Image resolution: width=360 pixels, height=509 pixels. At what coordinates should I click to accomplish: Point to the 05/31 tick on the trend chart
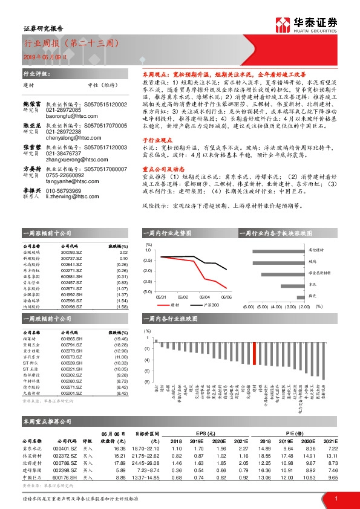click(161, 297)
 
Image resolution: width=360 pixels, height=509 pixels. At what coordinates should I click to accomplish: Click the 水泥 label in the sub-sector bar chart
click(312, 284)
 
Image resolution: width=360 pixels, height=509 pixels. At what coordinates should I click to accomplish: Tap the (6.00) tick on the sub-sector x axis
click(248, 306)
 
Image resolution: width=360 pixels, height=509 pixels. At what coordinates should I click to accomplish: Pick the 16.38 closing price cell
click(118, 449)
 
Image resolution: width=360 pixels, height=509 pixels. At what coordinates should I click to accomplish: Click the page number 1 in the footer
click(335, 498)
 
